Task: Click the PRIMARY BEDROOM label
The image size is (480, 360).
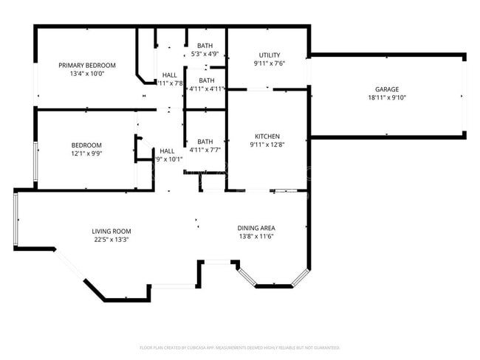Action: pos(87,65)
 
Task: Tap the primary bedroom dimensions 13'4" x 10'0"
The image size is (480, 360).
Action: pos(87,74)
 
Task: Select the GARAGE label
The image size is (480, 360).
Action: pos(387,89)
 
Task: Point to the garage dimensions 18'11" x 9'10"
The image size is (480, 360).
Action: pos(387,98)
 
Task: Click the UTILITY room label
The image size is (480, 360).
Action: pos(269,55)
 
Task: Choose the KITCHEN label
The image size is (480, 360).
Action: pos(267,136)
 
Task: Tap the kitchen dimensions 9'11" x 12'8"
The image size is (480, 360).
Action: pos(267,145)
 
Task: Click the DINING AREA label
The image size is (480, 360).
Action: pos(257,228)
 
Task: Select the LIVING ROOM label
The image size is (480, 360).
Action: pos(112,231)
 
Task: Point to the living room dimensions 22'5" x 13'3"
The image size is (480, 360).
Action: pos(112,240)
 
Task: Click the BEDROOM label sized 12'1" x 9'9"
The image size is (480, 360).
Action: pos(86,145)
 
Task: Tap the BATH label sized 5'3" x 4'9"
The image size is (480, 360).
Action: pos(205,46)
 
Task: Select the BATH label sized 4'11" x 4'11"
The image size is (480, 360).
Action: pos(206,80)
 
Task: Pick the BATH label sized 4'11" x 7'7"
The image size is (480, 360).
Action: pos(205,142)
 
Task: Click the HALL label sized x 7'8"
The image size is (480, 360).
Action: pos(169,75)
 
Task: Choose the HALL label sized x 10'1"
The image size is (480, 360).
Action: pos(168,150)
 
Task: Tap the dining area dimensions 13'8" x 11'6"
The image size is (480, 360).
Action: pos(257,237)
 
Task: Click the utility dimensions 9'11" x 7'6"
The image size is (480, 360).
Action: pos(269,63)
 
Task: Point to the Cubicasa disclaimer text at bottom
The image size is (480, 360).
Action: pos(239,347)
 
